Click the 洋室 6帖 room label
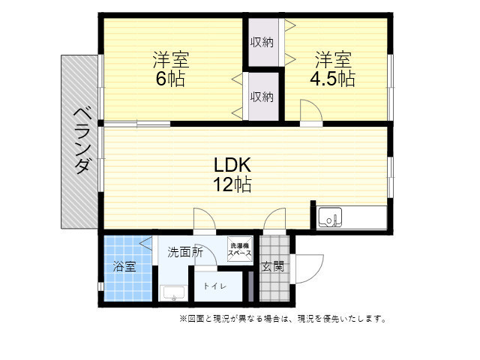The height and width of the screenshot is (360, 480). click(171, 69)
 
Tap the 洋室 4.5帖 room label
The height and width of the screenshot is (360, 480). click(333, 69)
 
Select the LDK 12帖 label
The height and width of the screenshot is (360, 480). click(232, 175)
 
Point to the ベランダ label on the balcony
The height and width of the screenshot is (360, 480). click(82, 140)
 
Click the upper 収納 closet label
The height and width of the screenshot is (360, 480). click(262, 42)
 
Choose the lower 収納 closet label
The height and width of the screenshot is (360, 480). click(262, 97)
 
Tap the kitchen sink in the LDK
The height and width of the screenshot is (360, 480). click(330, 217)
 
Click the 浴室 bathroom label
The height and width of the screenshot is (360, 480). click(124, 266)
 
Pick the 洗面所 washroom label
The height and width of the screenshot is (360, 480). click(185, 252)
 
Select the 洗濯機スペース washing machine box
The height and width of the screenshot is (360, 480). click(240, 250)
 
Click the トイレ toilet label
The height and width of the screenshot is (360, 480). click(215, 286)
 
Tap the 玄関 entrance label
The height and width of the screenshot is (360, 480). click(273, 266)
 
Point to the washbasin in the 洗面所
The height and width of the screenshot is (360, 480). click(173, 293)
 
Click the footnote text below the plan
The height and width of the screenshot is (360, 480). click(282, 319)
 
